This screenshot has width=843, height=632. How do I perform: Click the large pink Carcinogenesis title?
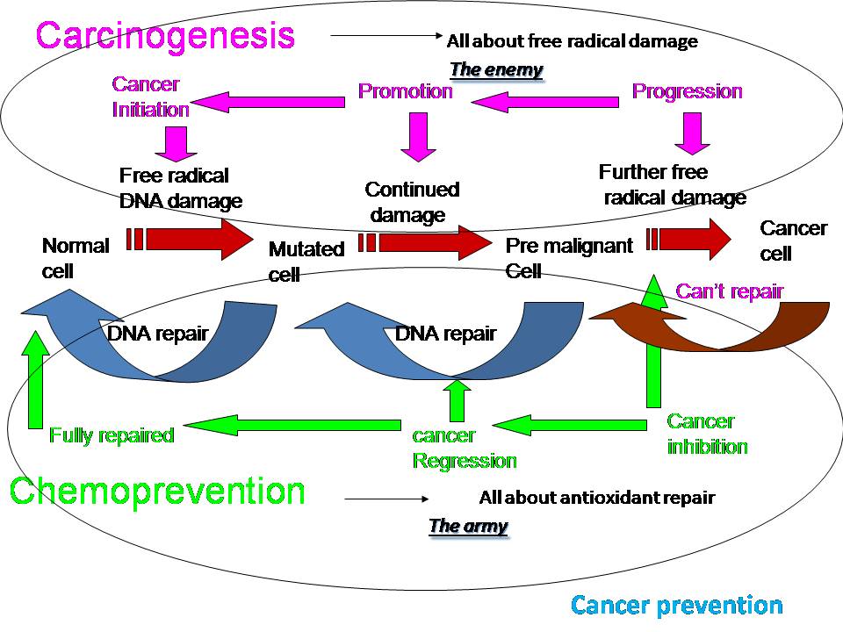pos(165,37)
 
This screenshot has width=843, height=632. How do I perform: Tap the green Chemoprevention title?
pos(157,492)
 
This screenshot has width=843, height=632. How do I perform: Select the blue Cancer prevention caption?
pos(676,605)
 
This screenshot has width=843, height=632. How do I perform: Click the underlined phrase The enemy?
pos(496,69)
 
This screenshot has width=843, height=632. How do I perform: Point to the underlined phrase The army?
pos(468,525)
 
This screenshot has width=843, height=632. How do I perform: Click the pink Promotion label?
pos(406,90)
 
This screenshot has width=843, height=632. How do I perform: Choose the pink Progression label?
pos(687,91)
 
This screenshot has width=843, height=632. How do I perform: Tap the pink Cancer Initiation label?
pos(150,97)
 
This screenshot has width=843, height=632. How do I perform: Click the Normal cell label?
pos(76,258)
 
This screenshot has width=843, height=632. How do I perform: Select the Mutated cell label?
pos(306,262)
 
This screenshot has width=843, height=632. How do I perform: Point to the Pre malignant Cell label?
pos(569,258)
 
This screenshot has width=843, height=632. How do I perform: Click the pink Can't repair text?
pos(730,291)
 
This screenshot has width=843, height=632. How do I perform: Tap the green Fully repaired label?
pos(112,434)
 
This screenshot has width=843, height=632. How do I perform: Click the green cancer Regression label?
pos(465,449)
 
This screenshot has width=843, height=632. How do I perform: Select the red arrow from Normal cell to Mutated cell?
pos(190,239)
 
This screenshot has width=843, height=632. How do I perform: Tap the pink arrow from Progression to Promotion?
pos(545,102)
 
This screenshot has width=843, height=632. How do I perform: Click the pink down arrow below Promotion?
pos(418,137)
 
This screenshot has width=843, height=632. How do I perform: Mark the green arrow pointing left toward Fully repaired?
pos(292,425)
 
